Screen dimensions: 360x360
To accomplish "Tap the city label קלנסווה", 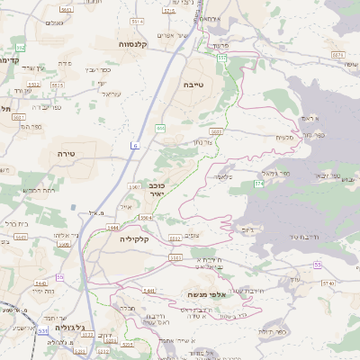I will click(133, 42).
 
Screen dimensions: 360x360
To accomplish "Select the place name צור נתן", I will click(203, 142).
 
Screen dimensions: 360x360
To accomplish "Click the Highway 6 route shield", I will click(135, 145).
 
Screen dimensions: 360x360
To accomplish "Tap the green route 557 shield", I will click(220, 58).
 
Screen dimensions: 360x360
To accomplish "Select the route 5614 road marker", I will click(138, 20).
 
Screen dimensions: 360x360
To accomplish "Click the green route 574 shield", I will click(258, 184).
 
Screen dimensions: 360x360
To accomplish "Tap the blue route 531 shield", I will click(42, 330).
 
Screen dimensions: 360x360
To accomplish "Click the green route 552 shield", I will click(20, 47).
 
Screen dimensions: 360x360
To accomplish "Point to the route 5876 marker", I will click(337, 55).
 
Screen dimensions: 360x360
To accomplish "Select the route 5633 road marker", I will click(216, 131).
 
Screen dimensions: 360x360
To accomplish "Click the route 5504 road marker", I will click(146, 217).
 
